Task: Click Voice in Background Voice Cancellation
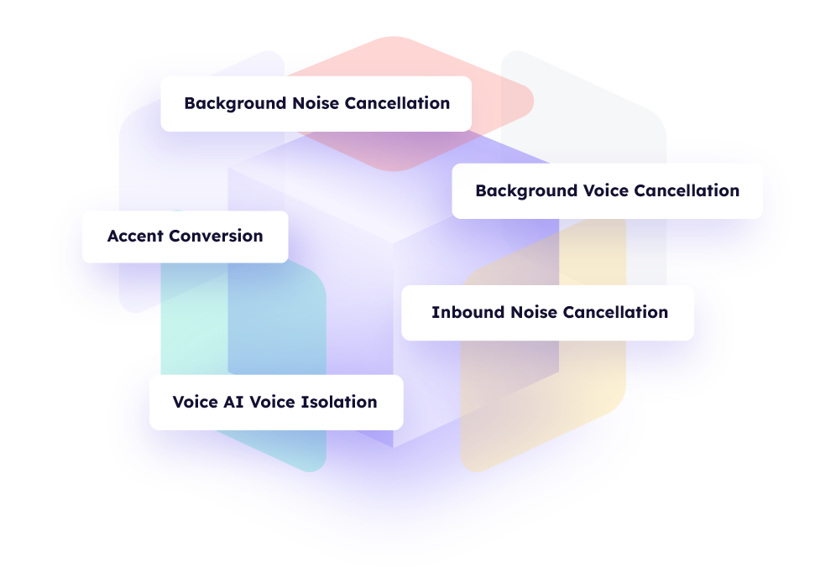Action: tap(605, 190)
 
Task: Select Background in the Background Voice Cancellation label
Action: tap(526, 190)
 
